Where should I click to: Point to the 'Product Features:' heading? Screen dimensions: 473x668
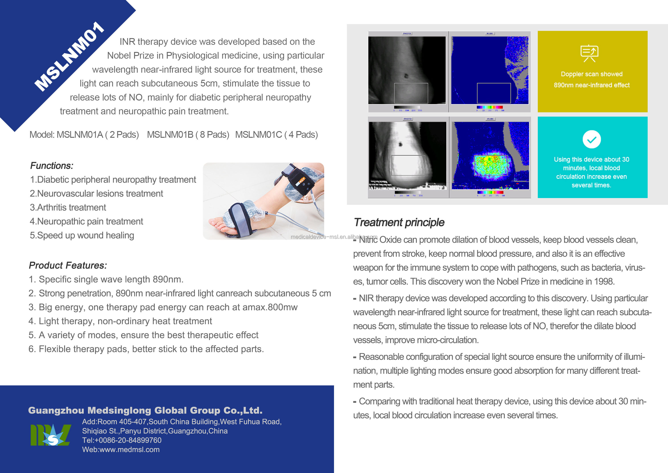pos(68,265)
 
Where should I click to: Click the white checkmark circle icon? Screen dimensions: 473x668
pos(591,140)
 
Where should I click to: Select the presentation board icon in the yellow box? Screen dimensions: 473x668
pos(589,53)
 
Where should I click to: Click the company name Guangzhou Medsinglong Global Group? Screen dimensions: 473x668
pos(145,410)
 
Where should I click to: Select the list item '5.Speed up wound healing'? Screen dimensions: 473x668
pos(82,235)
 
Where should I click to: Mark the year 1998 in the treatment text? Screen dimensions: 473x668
pos(603,281)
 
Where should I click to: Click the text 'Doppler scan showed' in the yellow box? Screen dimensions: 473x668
pos(591,74)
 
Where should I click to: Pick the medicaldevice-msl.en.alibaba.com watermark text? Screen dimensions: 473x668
pos(334,237)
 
